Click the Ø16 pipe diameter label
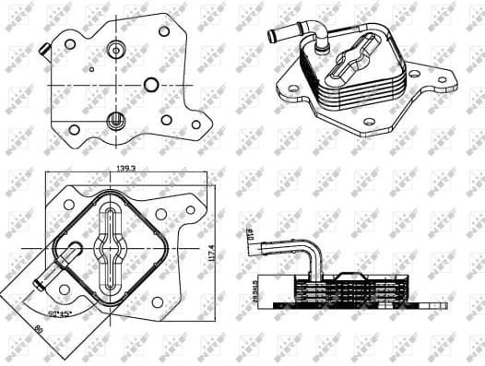[250, 239]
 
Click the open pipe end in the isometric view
[272, 37]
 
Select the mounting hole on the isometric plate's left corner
[293, 91]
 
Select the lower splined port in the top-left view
[116, 119]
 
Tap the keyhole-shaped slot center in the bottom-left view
[109, 247]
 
